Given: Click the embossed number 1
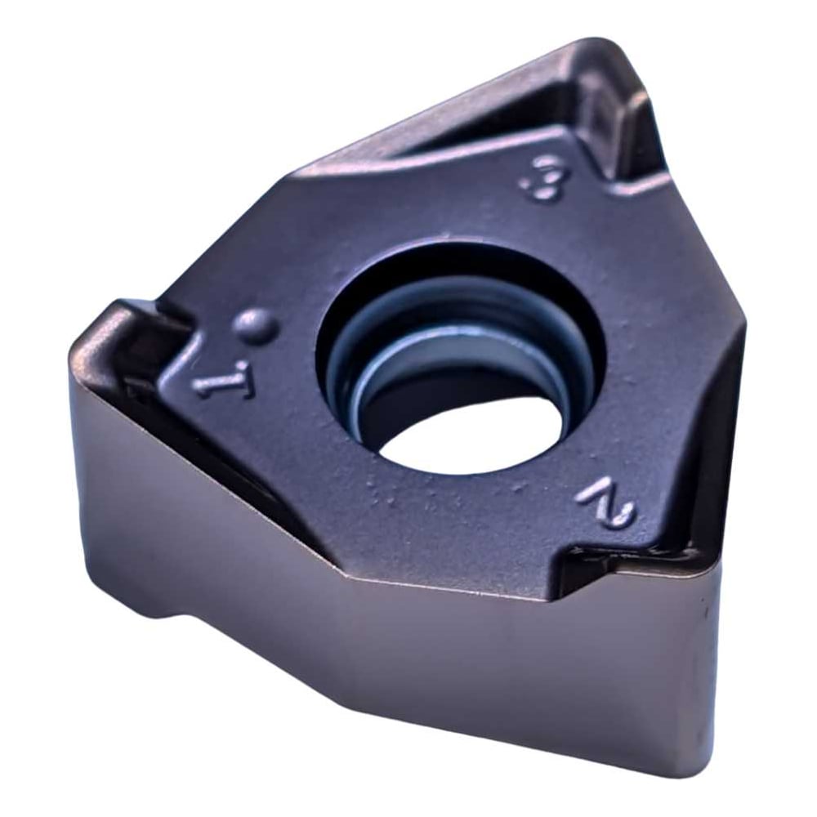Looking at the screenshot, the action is (223, 382).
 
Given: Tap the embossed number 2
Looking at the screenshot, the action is (606, 502).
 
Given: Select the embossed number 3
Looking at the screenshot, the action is (546, 182).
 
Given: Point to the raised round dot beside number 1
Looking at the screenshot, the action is (255, 327).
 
